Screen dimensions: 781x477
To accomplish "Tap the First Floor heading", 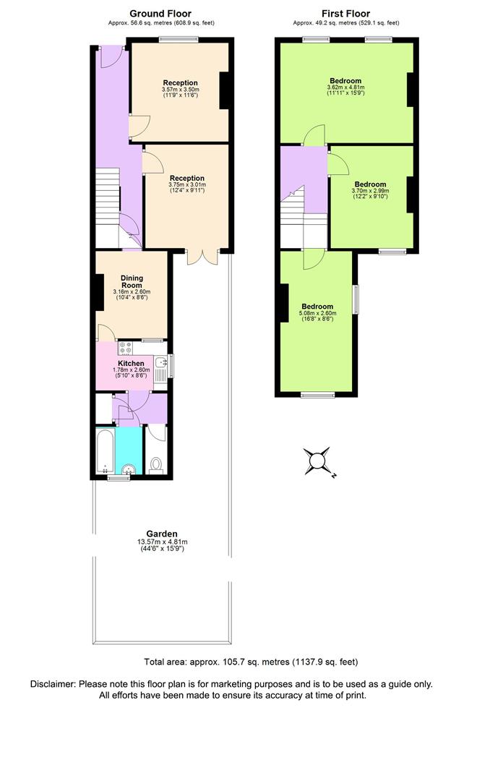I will [x=345, y=13].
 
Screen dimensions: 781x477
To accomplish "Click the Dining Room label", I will [x=132, y=282].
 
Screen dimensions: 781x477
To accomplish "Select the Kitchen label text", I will [x=132, y=363].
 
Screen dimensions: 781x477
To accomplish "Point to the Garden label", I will [x=162, y=533].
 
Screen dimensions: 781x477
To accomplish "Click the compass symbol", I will [x=318, y=461].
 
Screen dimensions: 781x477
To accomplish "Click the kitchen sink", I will [x=163, y=366].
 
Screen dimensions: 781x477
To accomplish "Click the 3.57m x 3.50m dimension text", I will [x=180, y=89].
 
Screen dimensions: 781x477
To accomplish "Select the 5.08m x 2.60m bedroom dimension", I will [x=317, y=314].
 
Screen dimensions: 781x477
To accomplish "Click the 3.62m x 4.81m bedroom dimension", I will [x=345, y=88].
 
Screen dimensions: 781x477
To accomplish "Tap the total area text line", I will [x=251, y=661].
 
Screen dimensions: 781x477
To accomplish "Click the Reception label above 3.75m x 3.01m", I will [x=187, y=177].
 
